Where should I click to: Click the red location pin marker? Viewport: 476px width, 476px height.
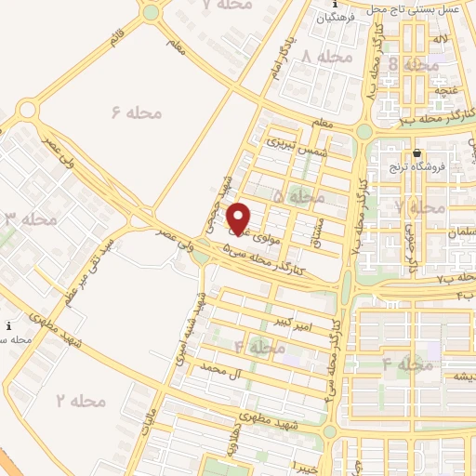[240, 218]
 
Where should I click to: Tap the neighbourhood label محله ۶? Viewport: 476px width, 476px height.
[136, 112]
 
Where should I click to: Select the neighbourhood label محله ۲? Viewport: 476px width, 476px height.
[80, 401]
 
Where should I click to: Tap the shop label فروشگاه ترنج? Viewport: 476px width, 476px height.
[417, 167]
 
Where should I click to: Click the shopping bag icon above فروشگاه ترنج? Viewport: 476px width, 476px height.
[416, 153]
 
